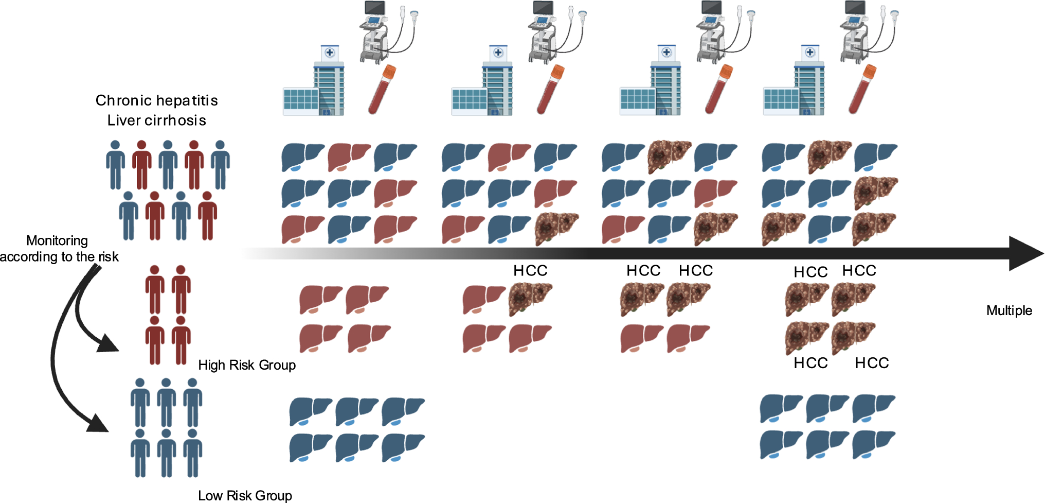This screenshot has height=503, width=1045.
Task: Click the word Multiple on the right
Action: (1009, 310)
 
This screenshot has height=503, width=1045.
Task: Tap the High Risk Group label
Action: (247, 365)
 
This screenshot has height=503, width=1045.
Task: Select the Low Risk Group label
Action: (245, 495)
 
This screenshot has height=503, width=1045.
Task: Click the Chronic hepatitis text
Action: (156, 100)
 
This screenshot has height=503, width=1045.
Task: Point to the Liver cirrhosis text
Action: (156, 120)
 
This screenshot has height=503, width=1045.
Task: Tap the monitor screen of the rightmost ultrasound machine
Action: (855, 7)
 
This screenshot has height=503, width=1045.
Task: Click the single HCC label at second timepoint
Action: (530, 271)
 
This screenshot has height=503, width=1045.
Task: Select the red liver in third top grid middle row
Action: (715, 193)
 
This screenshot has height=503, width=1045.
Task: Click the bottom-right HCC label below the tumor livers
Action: (872, 363)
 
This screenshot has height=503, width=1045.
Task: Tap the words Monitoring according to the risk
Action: (58, 249)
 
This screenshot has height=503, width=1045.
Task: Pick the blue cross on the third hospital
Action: (666, 52)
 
